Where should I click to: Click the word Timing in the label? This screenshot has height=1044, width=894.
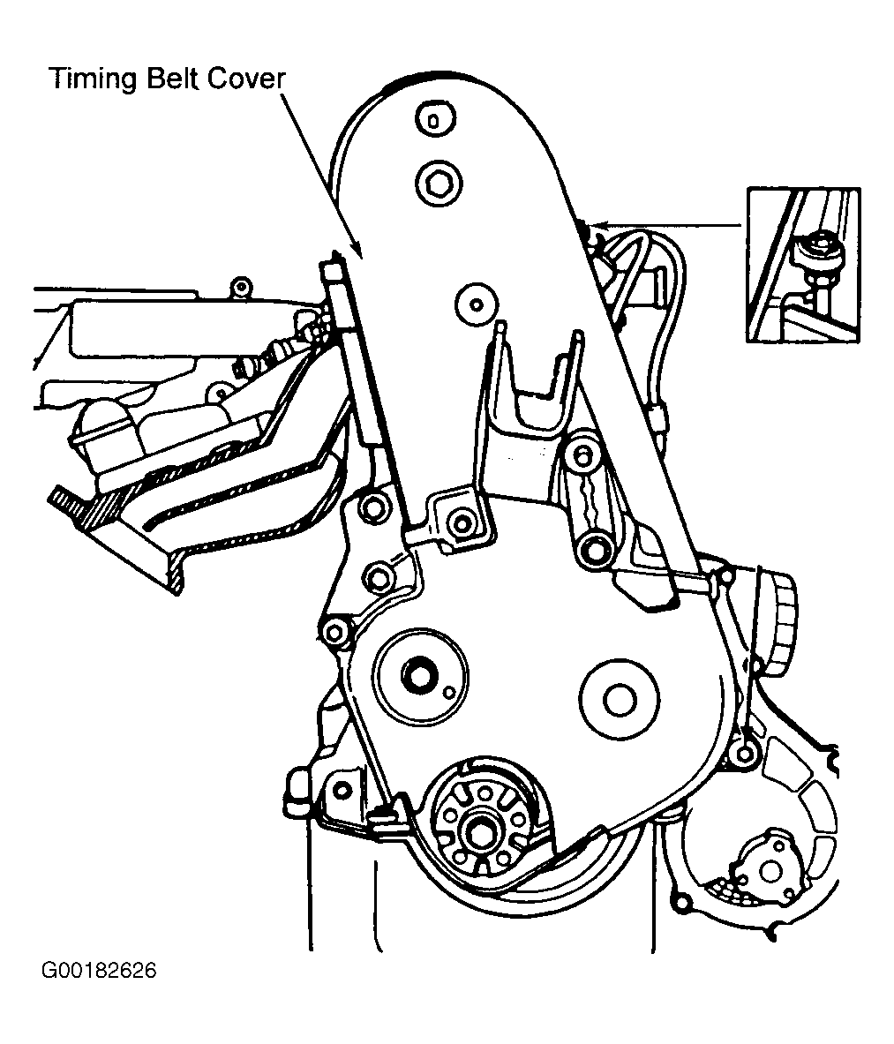click(x=91, y=79)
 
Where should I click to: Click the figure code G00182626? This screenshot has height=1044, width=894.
click(x=98, y=971)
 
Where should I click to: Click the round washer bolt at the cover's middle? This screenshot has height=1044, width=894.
click(x=475, y=304)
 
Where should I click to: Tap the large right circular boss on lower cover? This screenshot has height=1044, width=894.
click(x=620, y=700)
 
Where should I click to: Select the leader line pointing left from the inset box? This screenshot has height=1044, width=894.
click(x=671, y=225)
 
